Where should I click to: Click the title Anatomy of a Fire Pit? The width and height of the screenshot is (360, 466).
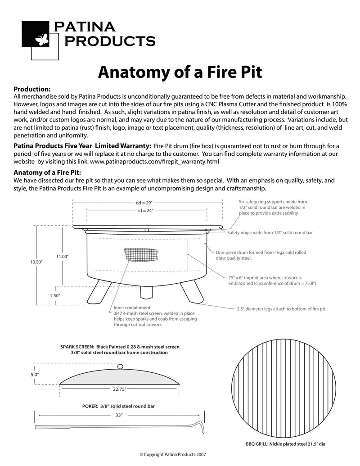click(180, 71)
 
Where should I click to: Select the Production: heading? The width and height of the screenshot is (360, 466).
click(32, 89)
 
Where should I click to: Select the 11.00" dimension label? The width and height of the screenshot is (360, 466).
click(62, 256)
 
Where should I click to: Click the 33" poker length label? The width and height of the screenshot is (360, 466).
click(119, 415)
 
